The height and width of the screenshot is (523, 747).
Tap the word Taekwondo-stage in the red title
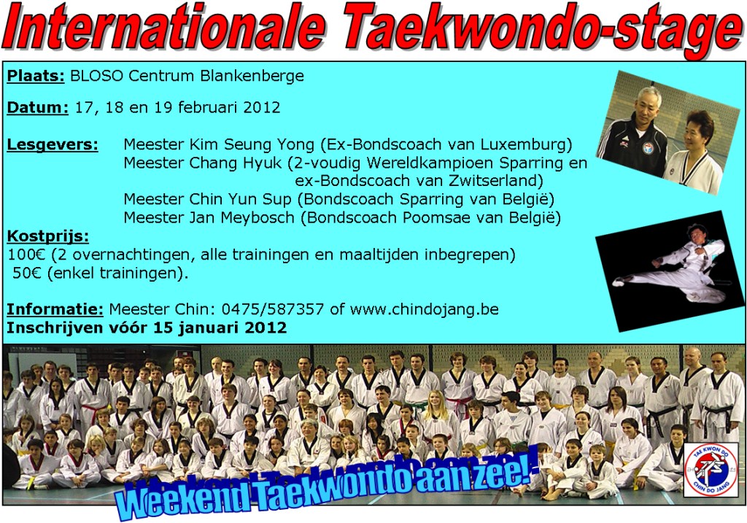(x=542, y=29)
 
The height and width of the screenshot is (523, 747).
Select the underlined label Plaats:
(x=36, y=76)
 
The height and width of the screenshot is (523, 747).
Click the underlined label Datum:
(x=38, y=108)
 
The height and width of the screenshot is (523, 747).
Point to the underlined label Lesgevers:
(x=53, y=144)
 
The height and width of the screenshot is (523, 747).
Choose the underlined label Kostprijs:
(x=47, y=236)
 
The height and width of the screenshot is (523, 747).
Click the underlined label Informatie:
(x=55, y=309)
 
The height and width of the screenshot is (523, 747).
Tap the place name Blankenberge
(x=252, y=76)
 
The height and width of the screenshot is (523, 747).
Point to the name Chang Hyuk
(x=236, y=163)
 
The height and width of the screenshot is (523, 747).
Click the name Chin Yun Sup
(x=240, y=199)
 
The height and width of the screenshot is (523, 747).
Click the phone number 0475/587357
(x=273, y=309)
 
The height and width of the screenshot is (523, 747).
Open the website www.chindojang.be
(x=424, y=309)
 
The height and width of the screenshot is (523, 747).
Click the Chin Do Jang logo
(x=711, y=469)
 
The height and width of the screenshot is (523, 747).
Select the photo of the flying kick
(x=670, y=271)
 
